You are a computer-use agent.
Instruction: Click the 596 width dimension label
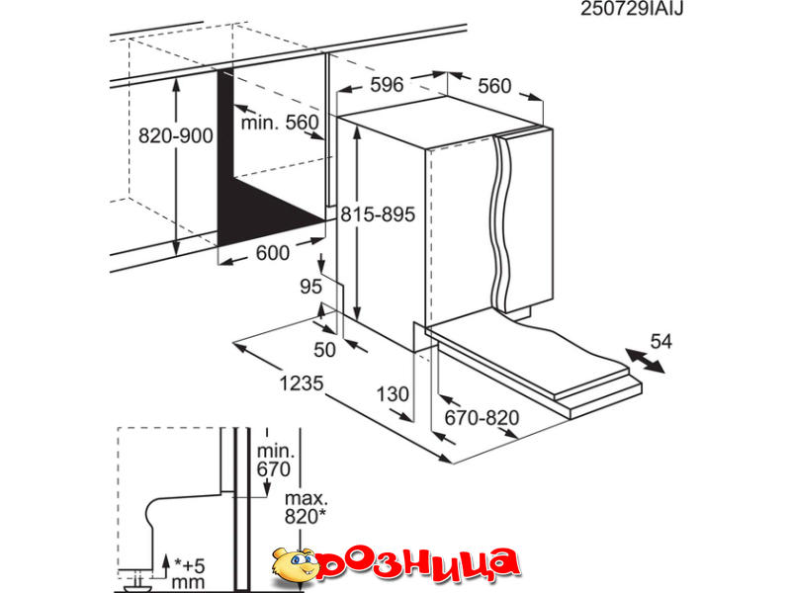[x=387, y=85]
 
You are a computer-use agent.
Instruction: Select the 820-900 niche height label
[x=176, y=135]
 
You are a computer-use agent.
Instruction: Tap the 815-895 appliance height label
[x=378, y=214]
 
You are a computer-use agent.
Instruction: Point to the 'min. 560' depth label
[x=280, y=123]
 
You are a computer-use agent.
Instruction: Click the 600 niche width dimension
[x=273, y=253]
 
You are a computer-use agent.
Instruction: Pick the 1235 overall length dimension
[x=302, y=383]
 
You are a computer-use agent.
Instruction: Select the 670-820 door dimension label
[x=482, y=417]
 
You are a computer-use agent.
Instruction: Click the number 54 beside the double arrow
[x=660, y=341]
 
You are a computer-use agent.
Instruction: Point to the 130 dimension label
[x=393, y=393]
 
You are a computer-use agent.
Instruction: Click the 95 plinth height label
[x=310, y=287]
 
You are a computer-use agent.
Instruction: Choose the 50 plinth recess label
[x=324, y=350]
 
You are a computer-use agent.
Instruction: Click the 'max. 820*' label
[x=307, y=507]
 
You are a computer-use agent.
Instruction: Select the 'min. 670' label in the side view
[x=275, y=460]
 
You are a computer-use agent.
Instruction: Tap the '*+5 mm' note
[x=189, y=574]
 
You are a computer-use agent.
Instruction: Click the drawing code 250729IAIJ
[x=632, y=9]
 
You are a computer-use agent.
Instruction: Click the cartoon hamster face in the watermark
[x=294, y=563]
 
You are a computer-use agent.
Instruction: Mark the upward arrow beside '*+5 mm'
[x=165, y=566]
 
